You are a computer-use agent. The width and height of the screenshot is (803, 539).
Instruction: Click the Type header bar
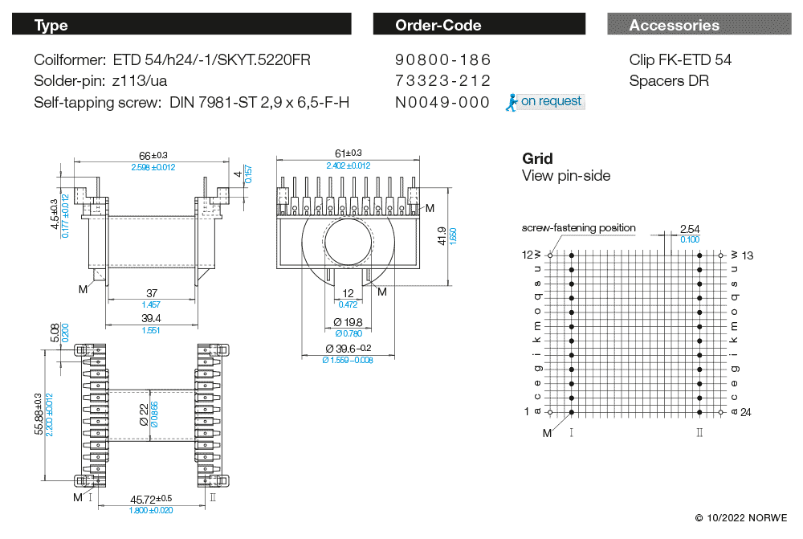181,25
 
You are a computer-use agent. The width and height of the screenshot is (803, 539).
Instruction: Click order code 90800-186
442,60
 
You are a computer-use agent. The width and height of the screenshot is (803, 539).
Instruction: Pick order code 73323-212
442,81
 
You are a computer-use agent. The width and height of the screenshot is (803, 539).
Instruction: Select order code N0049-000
442,102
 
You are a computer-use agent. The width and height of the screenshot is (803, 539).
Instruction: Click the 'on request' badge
550,101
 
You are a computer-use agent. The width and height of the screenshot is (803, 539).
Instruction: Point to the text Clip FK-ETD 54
680,60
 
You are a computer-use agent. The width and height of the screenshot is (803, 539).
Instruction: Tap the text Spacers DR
669,81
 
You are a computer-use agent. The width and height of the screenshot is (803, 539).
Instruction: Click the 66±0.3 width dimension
153,155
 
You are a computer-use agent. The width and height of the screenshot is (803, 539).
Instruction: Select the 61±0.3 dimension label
348,153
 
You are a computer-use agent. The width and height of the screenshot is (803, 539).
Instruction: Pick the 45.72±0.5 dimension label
151,499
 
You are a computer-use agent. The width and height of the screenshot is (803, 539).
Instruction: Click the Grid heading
537,159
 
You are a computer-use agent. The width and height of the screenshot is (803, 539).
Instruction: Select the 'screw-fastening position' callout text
579,228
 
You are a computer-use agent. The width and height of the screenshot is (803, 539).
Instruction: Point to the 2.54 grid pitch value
689,229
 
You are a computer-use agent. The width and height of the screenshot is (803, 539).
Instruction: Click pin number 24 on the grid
745,412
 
